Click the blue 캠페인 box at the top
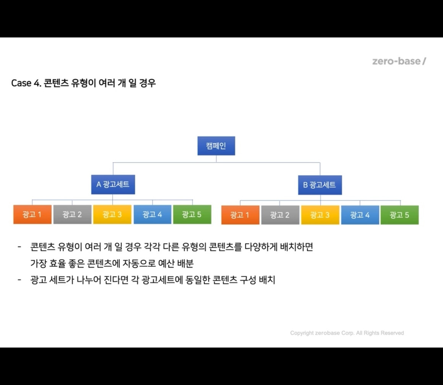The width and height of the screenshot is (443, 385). pos(216,146)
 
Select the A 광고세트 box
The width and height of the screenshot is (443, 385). pos(113,185)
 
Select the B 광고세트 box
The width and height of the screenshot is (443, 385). pos(320,185)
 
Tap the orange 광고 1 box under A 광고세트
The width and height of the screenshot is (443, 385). pos(32,215)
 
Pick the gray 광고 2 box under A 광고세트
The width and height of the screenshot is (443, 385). pos(72,215)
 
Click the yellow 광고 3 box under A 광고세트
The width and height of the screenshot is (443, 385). pos(112,215)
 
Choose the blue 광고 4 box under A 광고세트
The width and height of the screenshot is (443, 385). pos(152,215)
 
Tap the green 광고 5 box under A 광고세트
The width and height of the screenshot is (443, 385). pos(192,215)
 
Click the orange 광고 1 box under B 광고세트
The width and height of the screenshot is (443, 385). pos(240,215)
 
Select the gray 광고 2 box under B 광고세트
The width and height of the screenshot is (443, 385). pos(280,215)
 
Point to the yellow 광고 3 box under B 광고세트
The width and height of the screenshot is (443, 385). pos(320,215)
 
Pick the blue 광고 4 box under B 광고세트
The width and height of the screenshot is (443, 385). pos(360,215)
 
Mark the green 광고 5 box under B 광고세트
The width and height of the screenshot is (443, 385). pos(399,215)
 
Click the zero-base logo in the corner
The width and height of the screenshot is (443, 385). pos(399,61)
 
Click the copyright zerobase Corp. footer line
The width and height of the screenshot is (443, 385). pos(347,333)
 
